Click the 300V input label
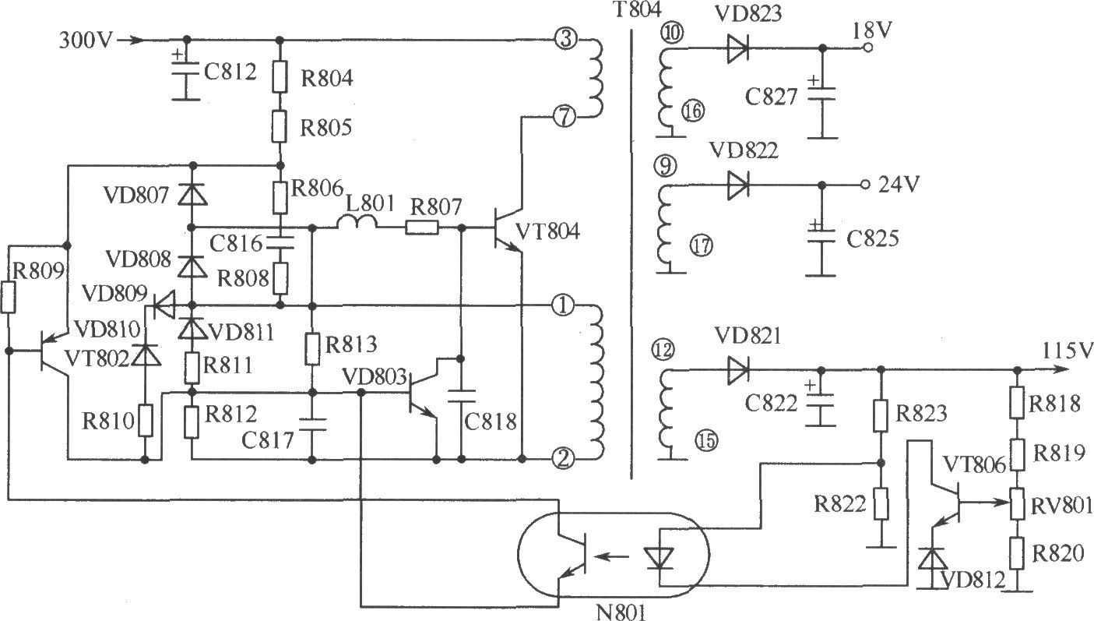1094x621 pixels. (86, 40)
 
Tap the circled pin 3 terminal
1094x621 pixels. (565, 39)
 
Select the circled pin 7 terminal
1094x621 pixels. (564, 117)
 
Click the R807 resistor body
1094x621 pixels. (422, 228)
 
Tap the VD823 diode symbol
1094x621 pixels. (737, 48)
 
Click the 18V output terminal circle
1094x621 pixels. (867, 48)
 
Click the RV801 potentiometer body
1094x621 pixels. (1017, 503)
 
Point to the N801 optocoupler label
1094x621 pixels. (621, 612)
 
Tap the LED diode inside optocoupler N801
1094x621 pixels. (659, 558)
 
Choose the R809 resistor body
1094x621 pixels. (8, 297)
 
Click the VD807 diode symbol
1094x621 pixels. (192, 195)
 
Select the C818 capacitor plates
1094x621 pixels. (461, 397)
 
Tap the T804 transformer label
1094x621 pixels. (638, 10)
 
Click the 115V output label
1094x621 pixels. (1066, 351)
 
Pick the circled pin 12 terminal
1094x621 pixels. (663, 350)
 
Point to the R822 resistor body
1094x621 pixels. (881, 503)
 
